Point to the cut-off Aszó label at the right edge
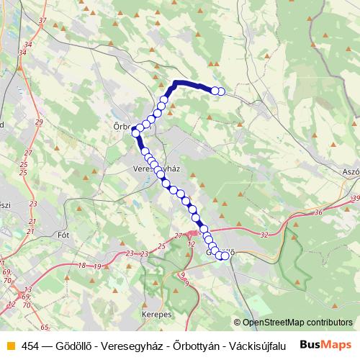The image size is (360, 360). (x=350, y=175)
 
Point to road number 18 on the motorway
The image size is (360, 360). (x=81, y=266)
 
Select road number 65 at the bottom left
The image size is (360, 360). (x=45, y=326)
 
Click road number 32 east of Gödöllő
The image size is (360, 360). (x=264, y=235)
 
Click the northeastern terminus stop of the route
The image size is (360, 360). (x=221, y=91)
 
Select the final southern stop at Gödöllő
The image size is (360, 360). (x=225, y=256)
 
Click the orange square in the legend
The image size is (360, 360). (x=9, y=344)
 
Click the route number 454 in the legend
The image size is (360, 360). (x=30, y=344)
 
